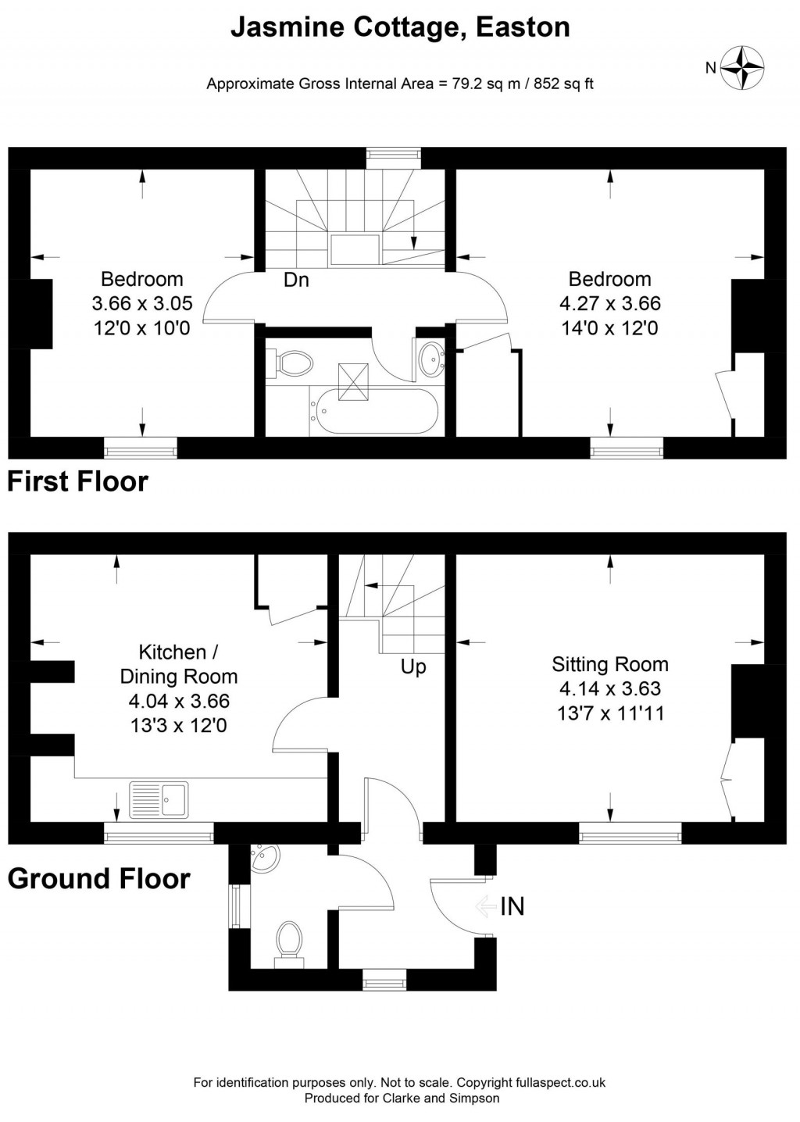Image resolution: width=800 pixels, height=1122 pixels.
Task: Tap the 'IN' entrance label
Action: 512,906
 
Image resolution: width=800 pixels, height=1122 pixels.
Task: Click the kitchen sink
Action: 159,799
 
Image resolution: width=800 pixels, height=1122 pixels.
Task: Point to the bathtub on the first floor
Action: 373,409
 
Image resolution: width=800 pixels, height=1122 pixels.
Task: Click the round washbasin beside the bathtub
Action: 430,360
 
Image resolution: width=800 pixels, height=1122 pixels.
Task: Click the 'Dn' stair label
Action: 296,280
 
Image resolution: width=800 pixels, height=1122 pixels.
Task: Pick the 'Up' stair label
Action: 413,667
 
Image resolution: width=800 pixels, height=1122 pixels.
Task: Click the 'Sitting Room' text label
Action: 610,664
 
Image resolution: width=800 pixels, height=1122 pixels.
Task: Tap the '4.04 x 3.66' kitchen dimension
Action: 179,701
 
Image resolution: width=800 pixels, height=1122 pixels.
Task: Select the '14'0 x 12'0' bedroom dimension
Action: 609,328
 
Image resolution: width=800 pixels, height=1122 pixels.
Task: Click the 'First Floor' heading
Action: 77,481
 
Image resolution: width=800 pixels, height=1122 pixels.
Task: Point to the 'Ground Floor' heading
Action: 99,879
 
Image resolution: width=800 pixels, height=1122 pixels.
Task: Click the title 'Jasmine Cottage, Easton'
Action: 400,28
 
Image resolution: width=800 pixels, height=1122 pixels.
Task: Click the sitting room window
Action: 630,834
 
